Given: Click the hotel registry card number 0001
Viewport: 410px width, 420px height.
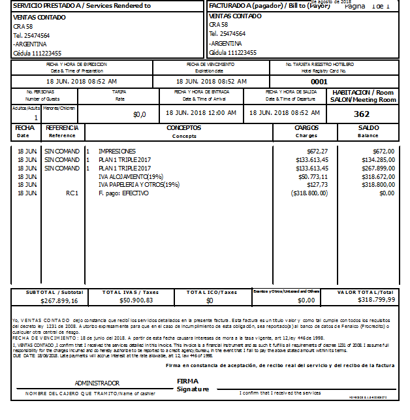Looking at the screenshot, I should (319, 82).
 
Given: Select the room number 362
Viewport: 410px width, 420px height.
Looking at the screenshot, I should (362, 114).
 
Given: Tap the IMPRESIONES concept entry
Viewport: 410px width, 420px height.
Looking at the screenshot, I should (117, 151).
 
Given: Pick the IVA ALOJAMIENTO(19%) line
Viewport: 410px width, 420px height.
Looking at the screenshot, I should (131, 176).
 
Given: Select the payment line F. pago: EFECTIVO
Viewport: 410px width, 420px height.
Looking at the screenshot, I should (123, 193).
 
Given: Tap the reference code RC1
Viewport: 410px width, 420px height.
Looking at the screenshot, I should (72, 193).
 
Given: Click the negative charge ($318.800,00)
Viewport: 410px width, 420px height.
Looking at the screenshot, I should (309, 193).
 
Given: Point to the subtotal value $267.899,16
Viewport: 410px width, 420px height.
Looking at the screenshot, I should (59, 300).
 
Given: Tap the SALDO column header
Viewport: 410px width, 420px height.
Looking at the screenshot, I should (368, 128).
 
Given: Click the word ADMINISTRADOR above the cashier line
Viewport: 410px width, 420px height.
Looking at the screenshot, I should (97, 383).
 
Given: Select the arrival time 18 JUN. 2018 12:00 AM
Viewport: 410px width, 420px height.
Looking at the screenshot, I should (202, 113).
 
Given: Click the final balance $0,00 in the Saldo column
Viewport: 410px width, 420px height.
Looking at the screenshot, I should (386, 193).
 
